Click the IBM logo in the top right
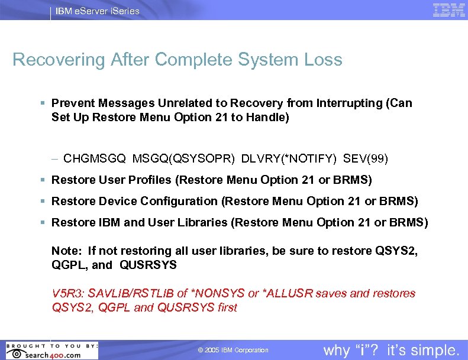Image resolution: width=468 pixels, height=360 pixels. point(448,10)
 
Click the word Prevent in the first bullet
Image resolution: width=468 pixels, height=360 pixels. point(71,103)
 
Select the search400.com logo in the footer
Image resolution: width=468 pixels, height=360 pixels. point(50,351)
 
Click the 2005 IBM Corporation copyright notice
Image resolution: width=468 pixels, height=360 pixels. point(233,351)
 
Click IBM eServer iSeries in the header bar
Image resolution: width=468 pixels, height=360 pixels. point(98,11)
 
